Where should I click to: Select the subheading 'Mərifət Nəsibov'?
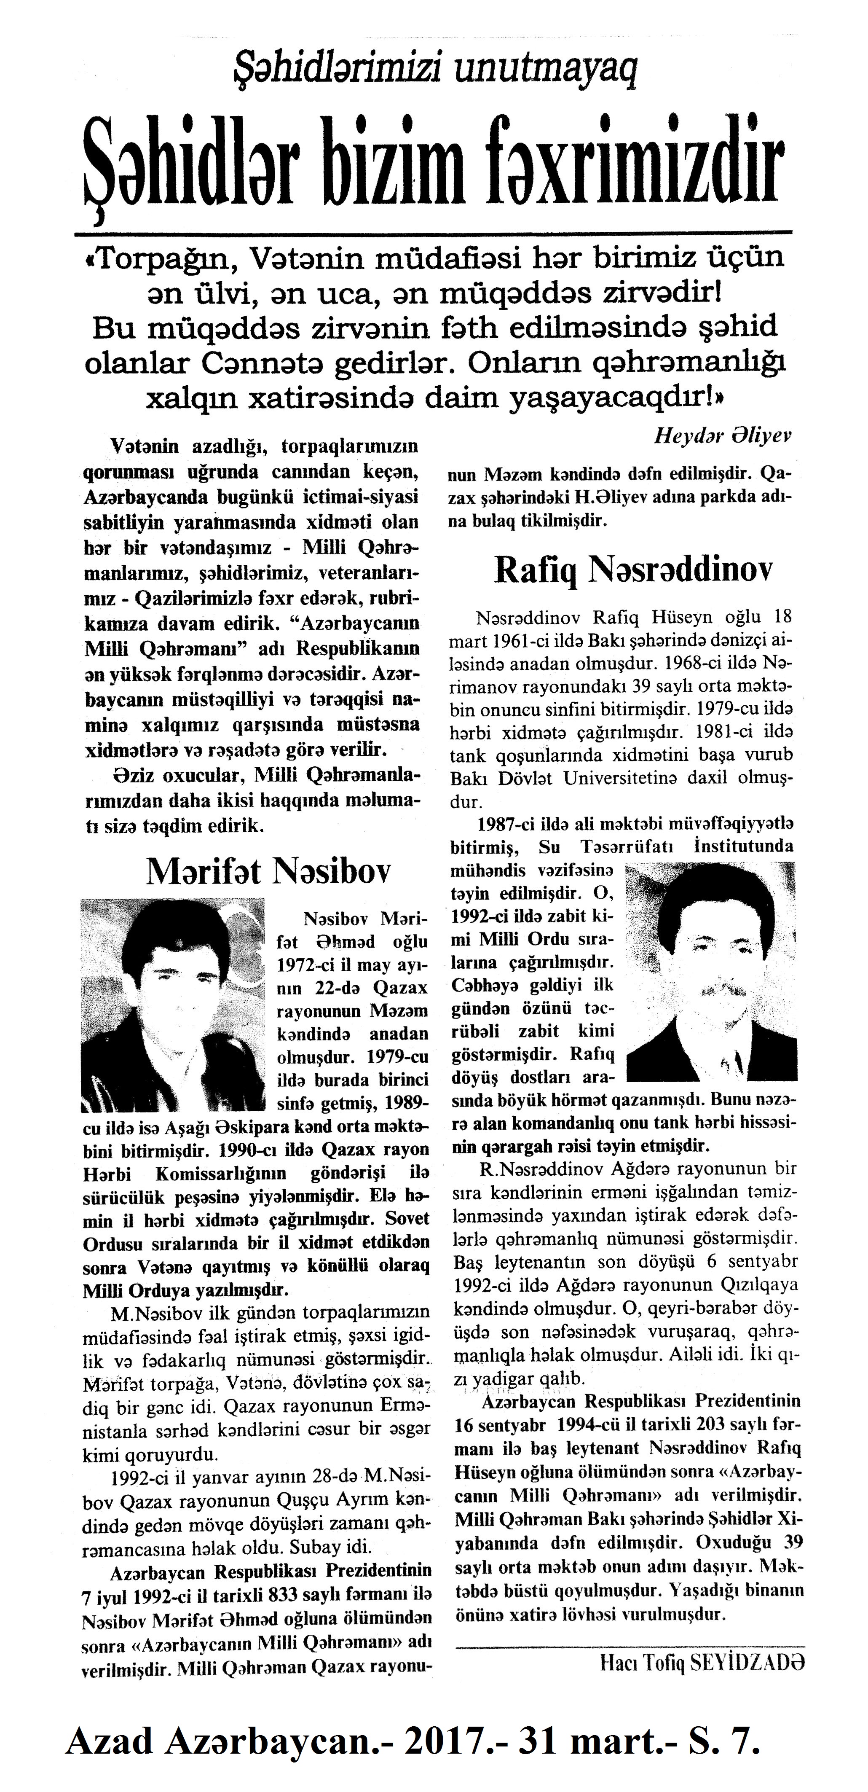click(268, 871)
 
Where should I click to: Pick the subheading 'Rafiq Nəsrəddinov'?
click(633, 570)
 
